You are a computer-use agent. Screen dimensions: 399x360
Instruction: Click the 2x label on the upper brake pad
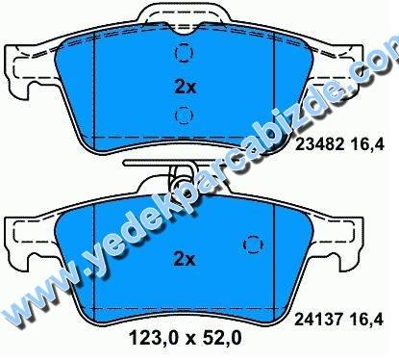(185, 87)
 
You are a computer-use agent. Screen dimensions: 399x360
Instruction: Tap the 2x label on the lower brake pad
(185, 259)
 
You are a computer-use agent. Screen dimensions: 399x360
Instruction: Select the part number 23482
(320, 144)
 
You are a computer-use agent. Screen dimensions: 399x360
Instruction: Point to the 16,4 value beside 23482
(367, 145)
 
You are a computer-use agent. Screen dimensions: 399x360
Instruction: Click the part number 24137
(319, 320)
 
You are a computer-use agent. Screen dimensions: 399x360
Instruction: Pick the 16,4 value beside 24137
(367, 320)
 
